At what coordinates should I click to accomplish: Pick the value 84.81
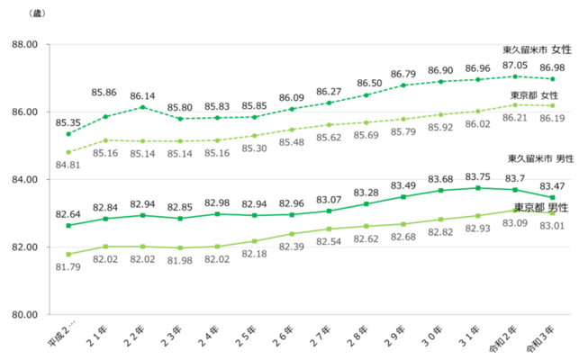point(68,164)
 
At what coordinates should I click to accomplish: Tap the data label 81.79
point(68,267)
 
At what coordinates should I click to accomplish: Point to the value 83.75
point(477,176)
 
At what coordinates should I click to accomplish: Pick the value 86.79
point(403,73)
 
